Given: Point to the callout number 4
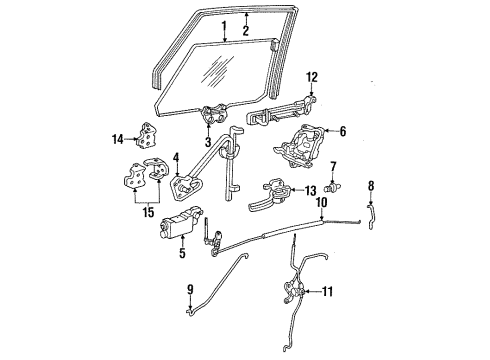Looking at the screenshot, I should tap(176, 157).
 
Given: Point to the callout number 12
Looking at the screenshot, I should tap(311, 77).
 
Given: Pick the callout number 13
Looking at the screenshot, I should tap(310, 191).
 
